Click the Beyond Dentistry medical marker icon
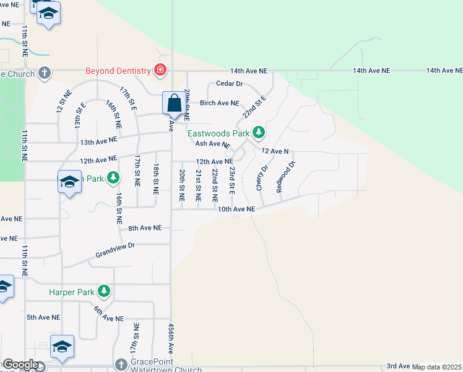(x=160, y=70)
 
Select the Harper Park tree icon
(x=105, y=291)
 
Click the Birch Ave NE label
(x=219, y=103)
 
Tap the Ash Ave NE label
(x=212, y=144)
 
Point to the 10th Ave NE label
(x=236, y=210)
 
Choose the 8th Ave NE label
(x=145, y=228)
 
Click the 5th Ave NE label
(x=43, y=317)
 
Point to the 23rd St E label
(x=232, y=180)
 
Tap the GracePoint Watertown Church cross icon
(x=121, y=362)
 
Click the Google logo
(x=20, y=365)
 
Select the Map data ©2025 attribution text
(x=437, y=366)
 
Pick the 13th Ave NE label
(x=98, y=142)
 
